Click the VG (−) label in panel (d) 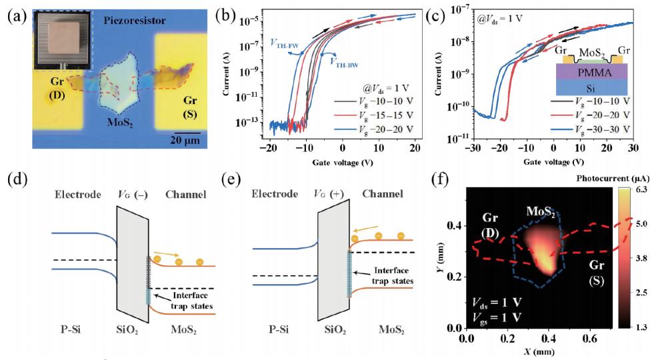point(129,195)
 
